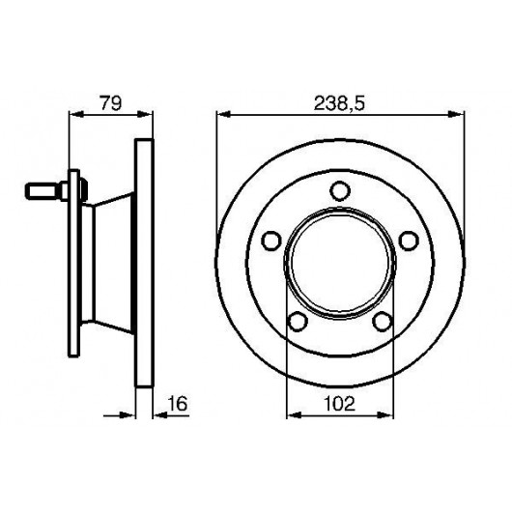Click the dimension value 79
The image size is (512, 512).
click(111, 102)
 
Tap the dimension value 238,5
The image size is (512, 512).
click(339, 103)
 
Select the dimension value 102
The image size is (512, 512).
click(340, 404)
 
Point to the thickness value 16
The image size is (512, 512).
click(178, 403)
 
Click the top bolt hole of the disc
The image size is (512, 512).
click(340, 191)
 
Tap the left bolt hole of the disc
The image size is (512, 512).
click(271, 241)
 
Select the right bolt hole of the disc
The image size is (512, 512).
click(410, 241)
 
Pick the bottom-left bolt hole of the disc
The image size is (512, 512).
click(298, 322)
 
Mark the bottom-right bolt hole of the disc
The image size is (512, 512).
click(383, 322)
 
